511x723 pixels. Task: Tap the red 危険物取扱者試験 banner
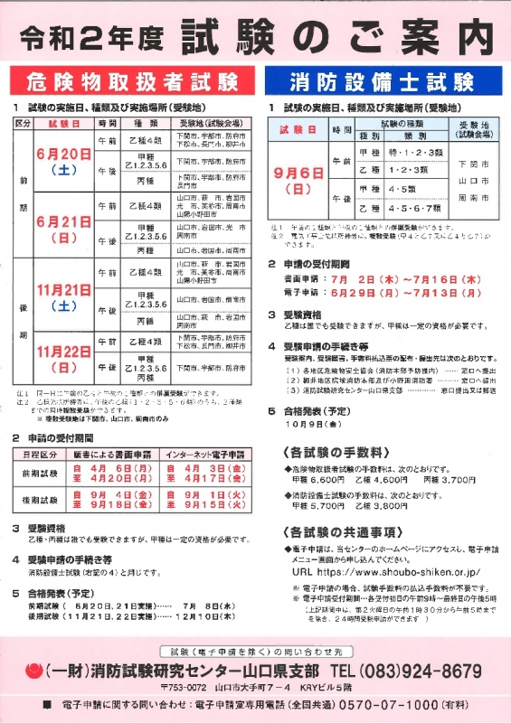[x=133, y=83]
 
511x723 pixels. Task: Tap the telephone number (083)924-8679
[x=421, y=671]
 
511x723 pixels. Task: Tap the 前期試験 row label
[x=39, y=474]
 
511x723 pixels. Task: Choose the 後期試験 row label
[x=39, y=500]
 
